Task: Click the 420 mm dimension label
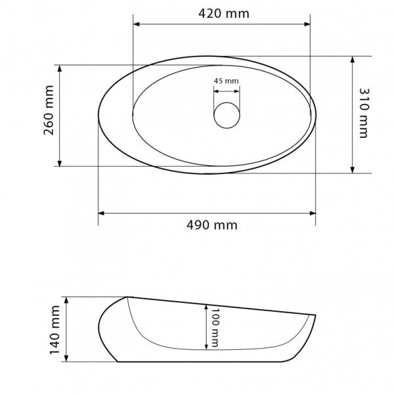224,14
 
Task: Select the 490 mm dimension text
212,225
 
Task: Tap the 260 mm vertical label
49,110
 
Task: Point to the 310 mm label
363,113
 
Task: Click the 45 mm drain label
226,81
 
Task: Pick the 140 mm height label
55,330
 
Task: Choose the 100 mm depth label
214,328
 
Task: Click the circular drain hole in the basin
227,116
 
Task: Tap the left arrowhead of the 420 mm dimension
136,24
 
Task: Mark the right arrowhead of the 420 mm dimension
307,24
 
